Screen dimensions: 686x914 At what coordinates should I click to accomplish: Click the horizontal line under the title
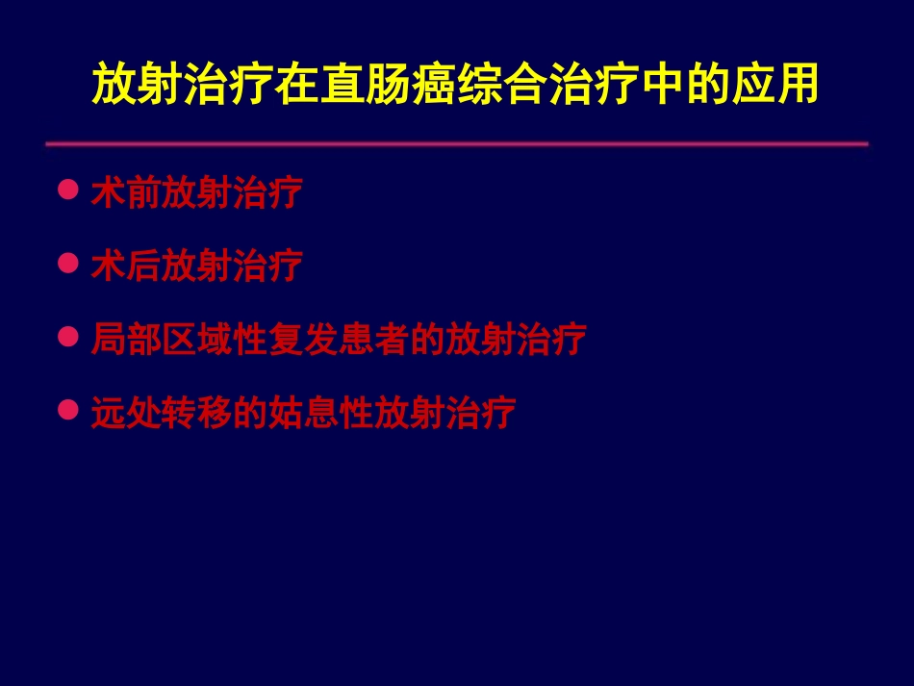pos(456,144)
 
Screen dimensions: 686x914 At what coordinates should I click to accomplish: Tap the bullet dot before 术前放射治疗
pos(67,191)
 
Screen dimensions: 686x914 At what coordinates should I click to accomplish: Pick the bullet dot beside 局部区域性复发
pos(67,338)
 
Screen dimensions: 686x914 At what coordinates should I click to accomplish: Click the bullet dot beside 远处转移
pos(67,411)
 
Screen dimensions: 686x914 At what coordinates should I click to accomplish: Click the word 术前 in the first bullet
pos(125,192)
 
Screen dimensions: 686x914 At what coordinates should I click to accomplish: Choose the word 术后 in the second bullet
pos(125,266)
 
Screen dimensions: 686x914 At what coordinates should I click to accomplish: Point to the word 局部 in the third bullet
pos(125,340)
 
